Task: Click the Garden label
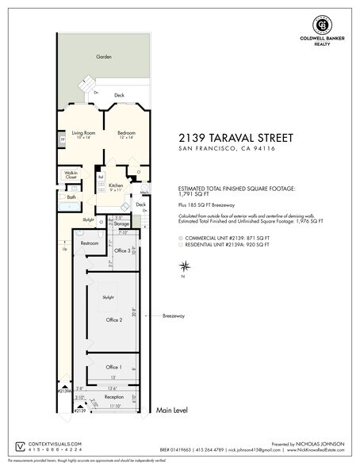104,57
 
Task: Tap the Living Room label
83,132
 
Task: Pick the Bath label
71,197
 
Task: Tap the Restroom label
90,243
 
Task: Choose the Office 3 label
122,250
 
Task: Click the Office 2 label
114,319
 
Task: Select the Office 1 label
114,367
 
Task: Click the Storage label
121,223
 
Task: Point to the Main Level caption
174,411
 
